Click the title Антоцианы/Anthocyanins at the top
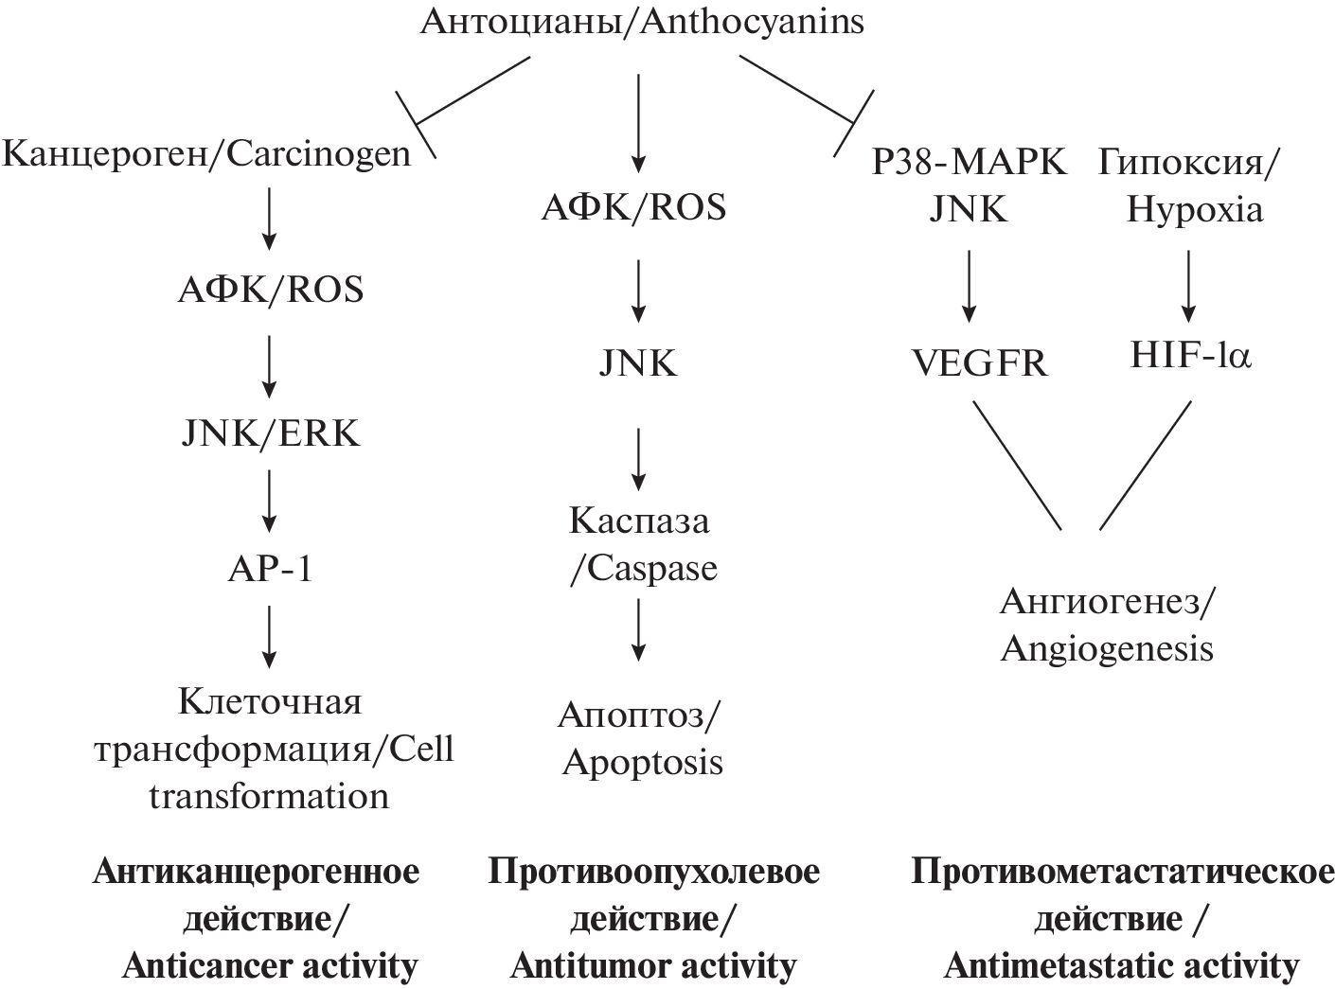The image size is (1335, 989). click(x=642, y=22)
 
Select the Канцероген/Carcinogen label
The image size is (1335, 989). click(x=207, y=153)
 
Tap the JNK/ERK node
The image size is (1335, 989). click(x=270, y=433)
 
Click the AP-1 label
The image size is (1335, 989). click(x=270, y=569)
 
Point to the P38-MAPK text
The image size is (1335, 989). click(x=969, y=163)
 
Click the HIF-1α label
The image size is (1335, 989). click(x=1191, y=356)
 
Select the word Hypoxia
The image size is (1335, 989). click(x=1194, y=209)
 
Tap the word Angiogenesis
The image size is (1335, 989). click(x=1107, y=649)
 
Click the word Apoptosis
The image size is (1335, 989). click(x=643, y=762)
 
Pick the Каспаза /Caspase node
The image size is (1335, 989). click(x=641, y=544)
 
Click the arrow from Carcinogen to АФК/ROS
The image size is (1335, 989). click(x=270, y=219)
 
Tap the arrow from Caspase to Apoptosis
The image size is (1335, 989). click(x=639, y=629)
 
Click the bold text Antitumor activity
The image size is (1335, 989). click(x=653, y=966)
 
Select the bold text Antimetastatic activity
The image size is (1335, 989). click(x=1121, y=966)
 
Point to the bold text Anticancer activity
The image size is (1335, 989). click(x=270, y=966)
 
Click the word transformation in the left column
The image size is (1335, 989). click(x=269, y=796)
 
